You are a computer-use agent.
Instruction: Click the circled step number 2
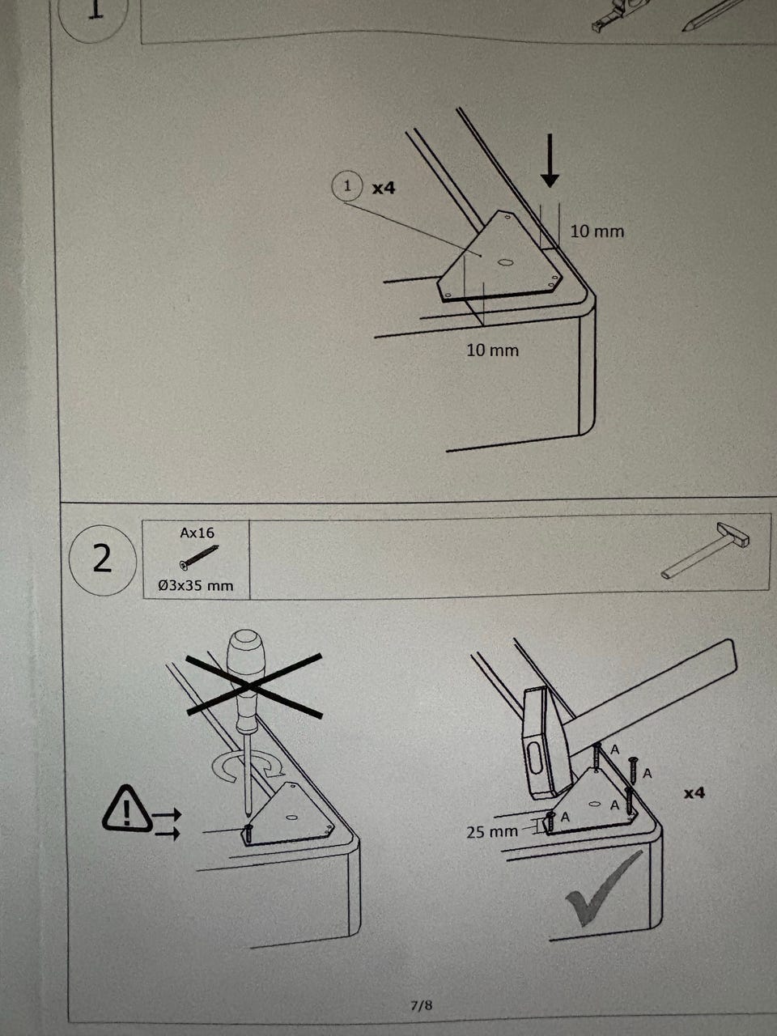point(101,559)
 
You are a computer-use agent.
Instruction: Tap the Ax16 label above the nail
point(197,533)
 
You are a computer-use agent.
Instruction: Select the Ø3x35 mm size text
point(196,584)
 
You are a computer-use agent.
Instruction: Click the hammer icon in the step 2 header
point(703,551)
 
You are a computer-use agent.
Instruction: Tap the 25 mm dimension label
point(492,831)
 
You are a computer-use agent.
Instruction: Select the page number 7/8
point(422,1006)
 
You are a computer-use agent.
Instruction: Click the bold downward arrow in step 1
point(550,160)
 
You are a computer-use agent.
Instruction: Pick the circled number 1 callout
point(347,187)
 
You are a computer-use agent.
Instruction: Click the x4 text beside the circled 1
point(384,188)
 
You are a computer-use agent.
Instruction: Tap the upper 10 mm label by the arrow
point(597,231)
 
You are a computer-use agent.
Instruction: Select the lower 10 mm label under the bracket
point(492,350)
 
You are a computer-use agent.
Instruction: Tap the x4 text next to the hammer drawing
point(694,793)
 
